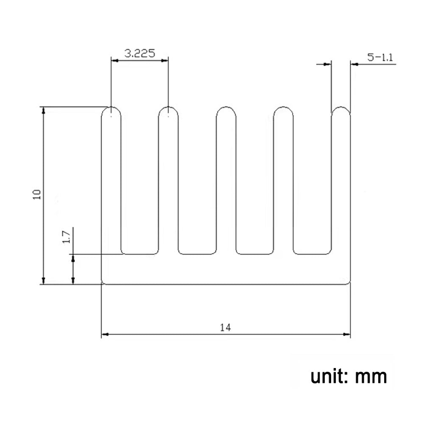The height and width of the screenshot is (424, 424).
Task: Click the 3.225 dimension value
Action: coord(139,53)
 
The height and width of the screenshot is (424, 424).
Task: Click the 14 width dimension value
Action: coord(225,327)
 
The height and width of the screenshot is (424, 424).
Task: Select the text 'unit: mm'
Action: coord(349,377)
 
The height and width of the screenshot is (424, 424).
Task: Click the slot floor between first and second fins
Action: coord(140,254)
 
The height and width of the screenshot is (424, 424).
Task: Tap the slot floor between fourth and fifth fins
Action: coord(312,254)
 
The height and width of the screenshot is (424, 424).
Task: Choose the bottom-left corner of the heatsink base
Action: coord(102,283)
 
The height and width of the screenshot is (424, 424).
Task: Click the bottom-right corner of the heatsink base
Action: coord(350,283)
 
